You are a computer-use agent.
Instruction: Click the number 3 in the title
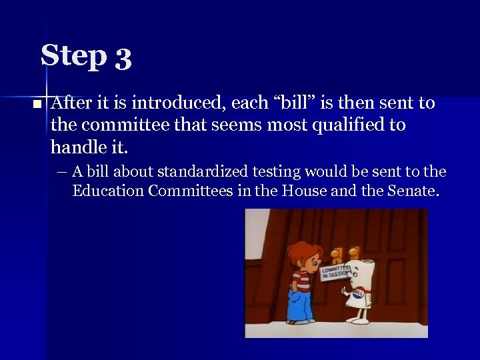tap(123, 58)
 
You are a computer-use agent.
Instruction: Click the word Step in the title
tap(73, 56)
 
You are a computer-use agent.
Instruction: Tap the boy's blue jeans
tap(298, 304)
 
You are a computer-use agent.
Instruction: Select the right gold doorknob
tap(353, 254)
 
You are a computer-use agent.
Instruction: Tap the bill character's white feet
tap(360, 319)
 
